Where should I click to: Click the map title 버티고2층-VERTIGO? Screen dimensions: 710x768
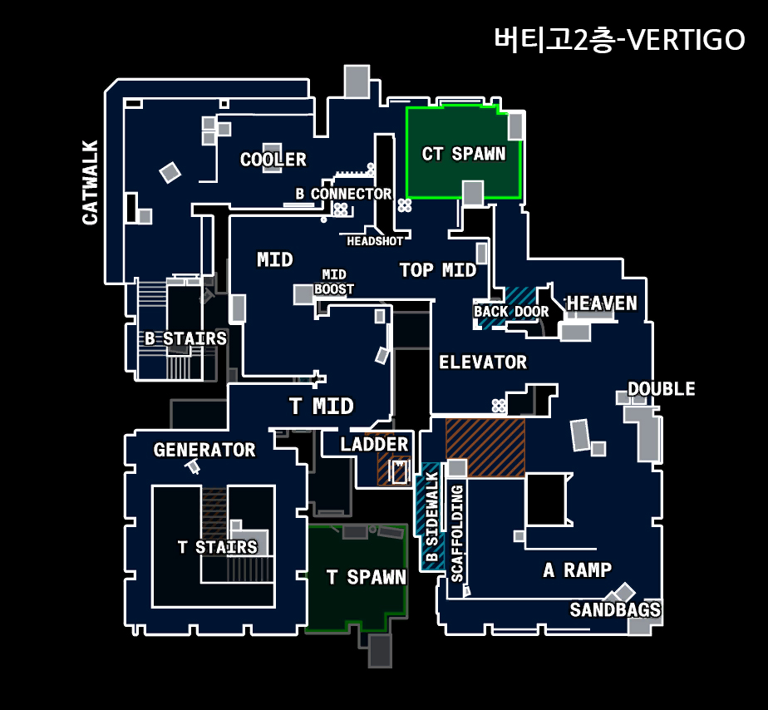pyautogui.click(x=618, y=39)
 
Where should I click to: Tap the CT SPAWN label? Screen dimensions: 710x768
pyautogui.click(x=463, y=154)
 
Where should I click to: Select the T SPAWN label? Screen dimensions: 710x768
pyautogui.click(x=366, y=577)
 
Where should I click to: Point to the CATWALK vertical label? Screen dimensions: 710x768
pyautogui.click(x=90, y=182)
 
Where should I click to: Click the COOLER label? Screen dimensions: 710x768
pyautogui.click(x=273, y=160)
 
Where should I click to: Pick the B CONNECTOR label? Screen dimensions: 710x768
pyautogui.click(x=343, y=194)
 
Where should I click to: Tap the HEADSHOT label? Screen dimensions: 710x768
pyautogui.click(x=375, y=241)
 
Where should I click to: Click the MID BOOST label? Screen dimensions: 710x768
pyautogui.click(x=334, y=282)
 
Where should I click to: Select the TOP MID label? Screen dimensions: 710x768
pyautogui.click(x=437, y=270)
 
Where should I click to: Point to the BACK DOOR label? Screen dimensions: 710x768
pyautogui.click(x=511, y=312)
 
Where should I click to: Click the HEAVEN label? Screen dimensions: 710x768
pyautogui.click(x=602, y=303)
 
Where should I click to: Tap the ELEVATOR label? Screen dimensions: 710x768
pyautogui.click(x=482, y=362)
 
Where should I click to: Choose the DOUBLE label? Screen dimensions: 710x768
pyautogui.click(x=661, y=389)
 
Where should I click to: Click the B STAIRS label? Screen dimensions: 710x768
pyautogui.click(x=185, y=338)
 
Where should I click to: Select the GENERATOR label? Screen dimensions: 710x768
pyautogui.click(x=204, y=450)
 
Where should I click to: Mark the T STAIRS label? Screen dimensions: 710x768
pyautogui.click(x=217, y=547)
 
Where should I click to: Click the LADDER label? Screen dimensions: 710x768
pyautogui.click(x=374, y=445)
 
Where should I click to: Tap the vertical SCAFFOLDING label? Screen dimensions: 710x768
pyautogui.click(x=457, y=533)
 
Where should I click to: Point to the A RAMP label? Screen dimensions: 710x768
pyautogui.click(x=577, y=570)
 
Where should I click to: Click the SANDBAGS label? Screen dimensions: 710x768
pyautogui.click(x=615, y=610)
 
